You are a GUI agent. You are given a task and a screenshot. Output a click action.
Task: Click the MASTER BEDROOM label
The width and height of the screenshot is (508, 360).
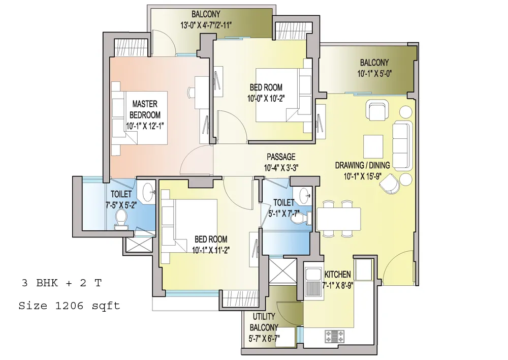point(145,110)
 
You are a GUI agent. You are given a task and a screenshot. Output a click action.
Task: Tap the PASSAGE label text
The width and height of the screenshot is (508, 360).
point(281,157)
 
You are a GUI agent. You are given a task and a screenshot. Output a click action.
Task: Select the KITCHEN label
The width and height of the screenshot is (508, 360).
point(338,275)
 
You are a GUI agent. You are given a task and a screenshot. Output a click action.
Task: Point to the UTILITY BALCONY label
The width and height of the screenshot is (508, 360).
point(264,322)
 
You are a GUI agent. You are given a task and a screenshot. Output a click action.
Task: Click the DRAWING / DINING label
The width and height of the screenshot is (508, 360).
point(362,165)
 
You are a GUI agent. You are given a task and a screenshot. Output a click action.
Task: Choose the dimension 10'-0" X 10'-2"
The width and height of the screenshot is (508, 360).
point(266,98)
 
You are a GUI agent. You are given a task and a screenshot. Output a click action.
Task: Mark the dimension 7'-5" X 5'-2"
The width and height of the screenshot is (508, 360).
point(121,205)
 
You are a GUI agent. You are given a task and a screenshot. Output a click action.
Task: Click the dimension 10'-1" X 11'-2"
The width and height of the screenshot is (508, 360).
point(211,250)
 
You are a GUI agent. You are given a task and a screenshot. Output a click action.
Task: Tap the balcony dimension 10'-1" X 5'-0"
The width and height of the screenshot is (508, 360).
point(374,74)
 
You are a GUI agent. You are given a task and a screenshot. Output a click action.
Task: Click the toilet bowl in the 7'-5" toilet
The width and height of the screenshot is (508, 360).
point(121,219)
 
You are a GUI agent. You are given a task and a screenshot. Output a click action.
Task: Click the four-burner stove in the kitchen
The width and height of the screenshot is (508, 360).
point(335,336)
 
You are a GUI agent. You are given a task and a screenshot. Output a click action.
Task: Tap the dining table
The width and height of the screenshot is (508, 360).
point(339,219)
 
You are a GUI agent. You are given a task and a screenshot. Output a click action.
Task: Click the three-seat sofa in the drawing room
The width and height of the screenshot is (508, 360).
point(402,146)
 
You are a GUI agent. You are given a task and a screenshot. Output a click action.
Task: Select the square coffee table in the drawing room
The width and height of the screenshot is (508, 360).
point(373,146)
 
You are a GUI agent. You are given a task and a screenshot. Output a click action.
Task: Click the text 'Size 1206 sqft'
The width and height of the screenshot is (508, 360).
point(69,306)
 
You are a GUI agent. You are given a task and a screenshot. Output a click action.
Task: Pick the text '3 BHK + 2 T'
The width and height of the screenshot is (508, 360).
point(61,283)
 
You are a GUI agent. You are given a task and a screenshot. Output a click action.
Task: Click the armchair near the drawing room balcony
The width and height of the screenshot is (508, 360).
point(377,110)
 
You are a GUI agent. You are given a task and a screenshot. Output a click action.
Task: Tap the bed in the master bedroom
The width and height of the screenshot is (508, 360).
point(139,118)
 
